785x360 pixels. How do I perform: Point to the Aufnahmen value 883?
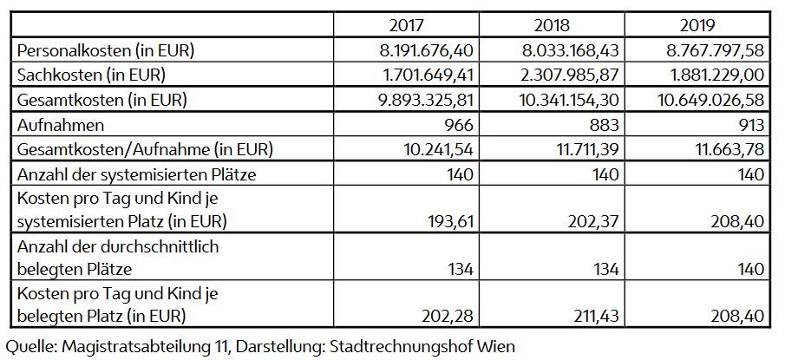click(606, 125)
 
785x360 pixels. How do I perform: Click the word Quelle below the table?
click(30, 346)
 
